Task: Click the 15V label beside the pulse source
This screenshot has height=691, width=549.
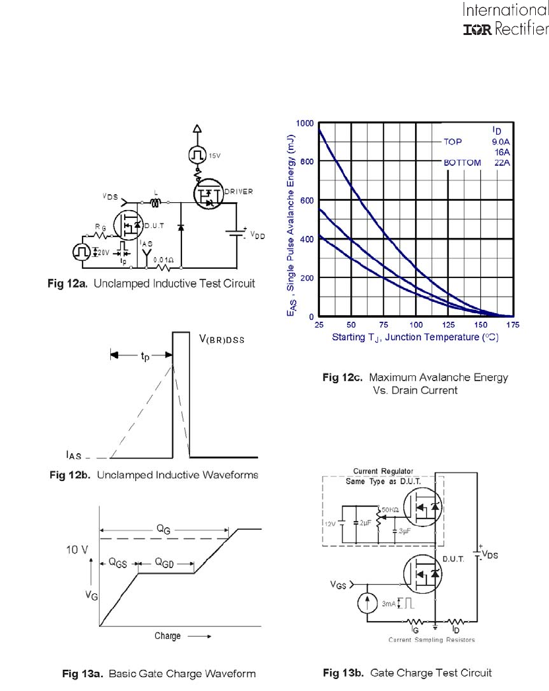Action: tap(214, 155)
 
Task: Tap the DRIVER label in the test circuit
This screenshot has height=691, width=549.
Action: tap(239, 192)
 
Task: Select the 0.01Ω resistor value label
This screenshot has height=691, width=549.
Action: tap(164, 260)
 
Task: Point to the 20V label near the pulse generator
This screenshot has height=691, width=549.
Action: tap(103, 252)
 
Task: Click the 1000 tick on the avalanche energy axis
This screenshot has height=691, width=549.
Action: tap(305, 124)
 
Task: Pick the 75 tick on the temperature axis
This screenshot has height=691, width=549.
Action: tap(383, 325)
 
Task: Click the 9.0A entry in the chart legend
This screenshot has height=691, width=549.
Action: tap(501, 142)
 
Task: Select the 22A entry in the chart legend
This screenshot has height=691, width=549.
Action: tap(502, 163)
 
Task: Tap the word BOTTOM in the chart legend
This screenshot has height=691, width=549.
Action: tap(463, 163)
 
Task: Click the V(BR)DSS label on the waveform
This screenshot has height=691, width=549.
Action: tap(222, 340)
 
